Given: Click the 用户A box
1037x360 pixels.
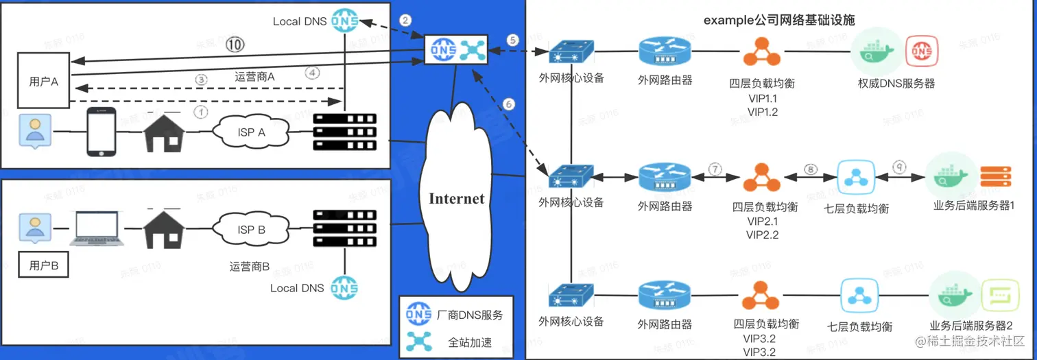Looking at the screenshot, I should [45, 81].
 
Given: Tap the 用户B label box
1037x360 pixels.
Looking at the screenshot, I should [45, 266].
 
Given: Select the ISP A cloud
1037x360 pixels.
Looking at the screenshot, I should [251, 132].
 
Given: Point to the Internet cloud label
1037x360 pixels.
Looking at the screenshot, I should [457, 199].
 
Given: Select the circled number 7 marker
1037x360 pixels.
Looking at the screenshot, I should [715, 169].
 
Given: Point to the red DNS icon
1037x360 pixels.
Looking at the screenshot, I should [921, 51].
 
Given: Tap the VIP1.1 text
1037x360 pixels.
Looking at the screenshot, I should [763, 98].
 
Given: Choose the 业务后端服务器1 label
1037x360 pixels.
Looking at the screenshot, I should [974, 206].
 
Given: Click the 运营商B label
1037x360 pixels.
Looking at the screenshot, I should [250, 265].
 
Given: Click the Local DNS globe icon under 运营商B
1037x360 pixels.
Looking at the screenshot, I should [344, 287].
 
